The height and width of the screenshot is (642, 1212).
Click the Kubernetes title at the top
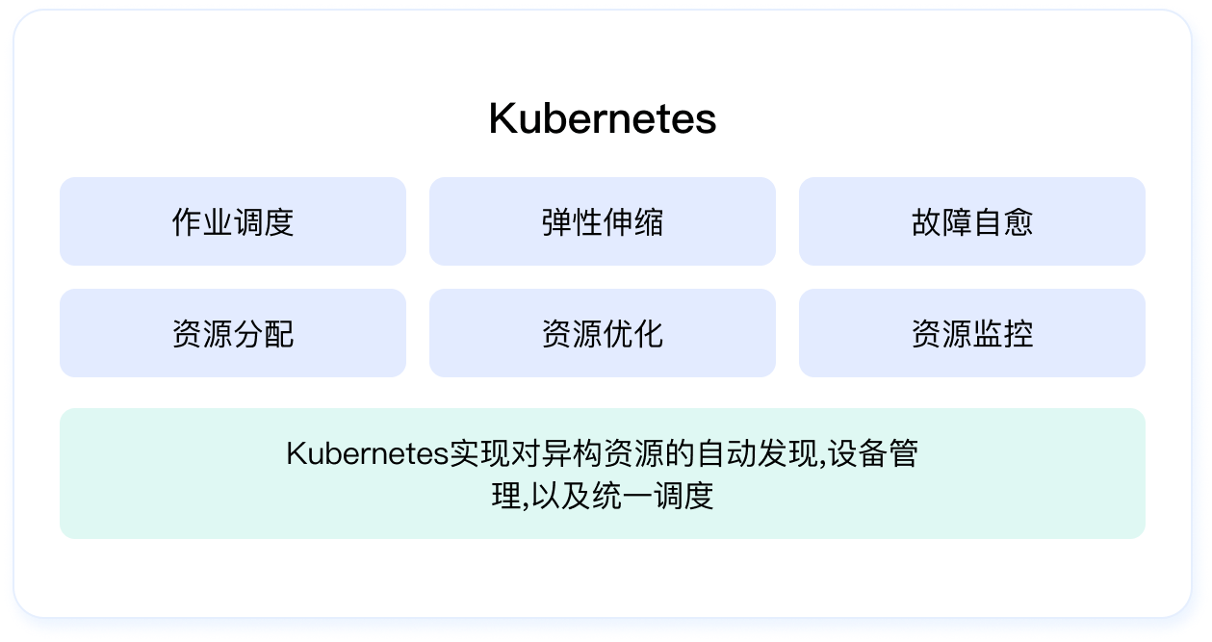pos(603,118)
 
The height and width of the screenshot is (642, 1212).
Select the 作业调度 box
pos(233,221)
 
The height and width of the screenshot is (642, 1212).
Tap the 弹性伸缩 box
pos(603,221)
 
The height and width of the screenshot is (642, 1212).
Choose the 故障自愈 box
pos(971,221)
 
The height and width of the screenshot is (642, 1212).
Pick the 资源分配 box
pos(233,333)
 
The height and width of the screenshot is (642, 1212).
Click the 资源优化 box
pos(603,333)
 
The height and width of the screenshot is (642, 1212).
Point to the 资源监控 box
pos(971,333)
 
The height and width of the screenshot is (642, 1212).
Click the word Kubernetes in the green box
pos(368,453)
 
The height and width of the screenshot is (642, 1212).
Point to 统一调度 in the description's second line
pos(653,496)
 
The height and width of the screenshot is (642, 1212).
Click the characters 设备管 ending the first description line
pos(872,453)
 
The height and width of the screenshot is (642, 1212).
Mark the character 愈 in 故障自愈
pos(1018,221)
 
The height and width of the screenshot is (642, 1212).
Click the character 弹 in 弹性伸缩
pos(557,221)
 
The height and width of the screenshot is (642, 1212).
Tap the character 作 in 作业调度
pos(187,221)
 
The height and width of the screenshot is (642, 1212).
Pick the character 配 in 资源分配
pos(279,334)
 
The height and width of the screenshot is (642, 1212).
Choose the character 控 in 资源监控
pos(1018,334)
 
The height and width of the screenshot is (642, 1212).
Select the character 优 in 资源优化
pos(618,334)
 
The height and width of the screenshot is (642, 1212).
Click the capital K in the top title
pos(503,118)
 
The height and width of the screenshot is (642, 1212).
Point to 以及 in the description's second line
pos(560,496)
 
